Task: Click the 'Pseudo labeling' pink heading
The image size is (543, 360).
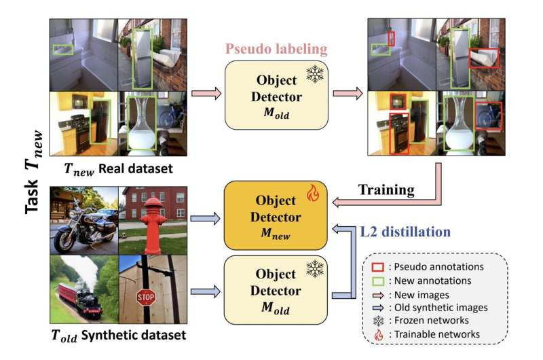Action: (277, 49)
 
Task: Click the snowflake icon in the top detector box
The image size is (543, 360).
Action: (314, 74)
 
